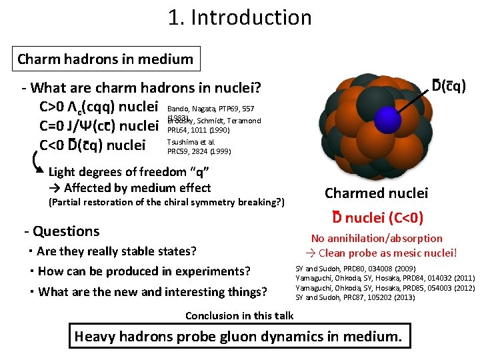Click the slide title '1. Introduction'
pos(240,17)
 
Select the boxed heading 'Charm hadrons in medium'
pos(105,59)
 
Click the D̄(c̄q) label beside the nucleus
pos(449,86)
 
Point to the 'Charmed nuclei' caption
pos(376,193)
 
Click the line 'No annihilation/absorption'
pos(377,238)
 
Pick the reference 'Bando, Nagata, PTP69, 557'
pos(210,108)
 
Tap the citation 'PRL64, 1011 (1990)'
pos(198,130)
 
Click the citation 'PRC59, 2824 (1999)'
pos(199,151)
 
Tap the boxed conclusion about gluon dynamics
pos(238,336)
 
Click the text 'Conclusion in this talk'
pos(239,315)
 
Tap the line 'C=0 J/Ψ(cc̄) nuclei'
pos(98,125)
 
